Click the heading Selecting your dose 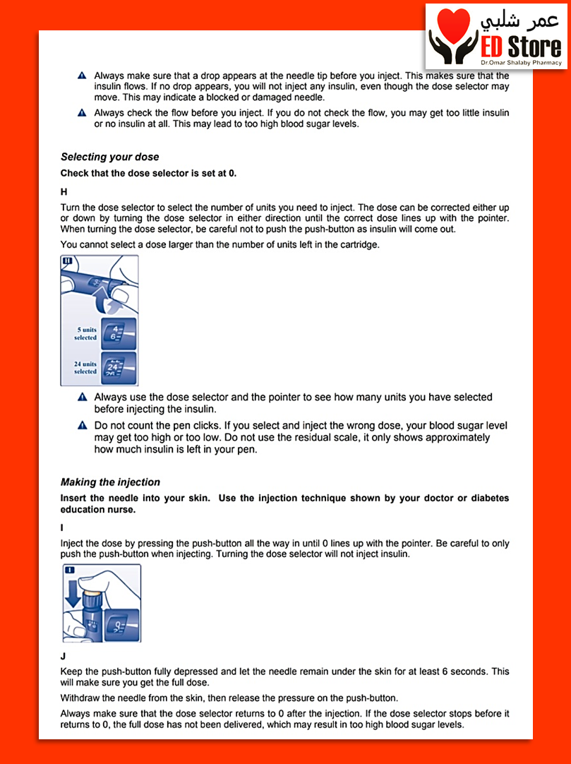click(109, 157)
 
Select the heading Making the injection click(110, 482)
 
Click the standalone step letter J click(64, 655)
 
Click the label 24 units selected click(85, 368)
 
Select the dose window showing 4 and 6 click(118, 333)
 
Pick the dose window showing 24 click(118, 368)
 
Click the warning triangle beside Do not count click(82, 426)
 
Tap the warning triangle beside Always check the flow click(82, 113)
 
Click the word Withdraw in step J click(81, 697)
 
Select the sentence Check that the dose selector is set click(148, 173)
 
